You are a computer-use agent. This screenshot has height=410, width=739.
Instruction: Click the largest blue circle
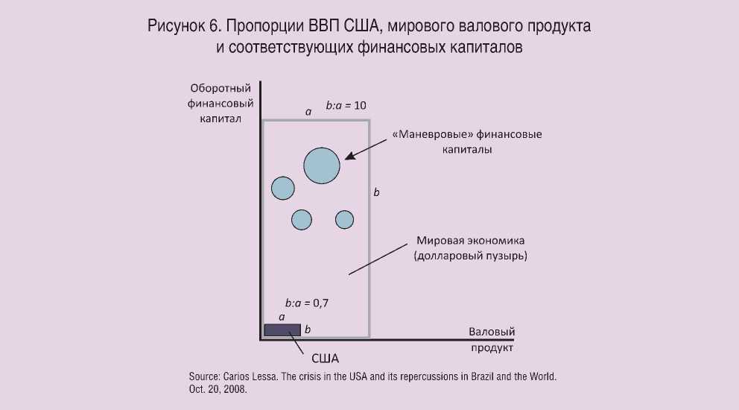322,165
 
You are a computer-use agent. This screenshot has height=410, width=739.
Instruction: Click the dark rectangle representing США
282,330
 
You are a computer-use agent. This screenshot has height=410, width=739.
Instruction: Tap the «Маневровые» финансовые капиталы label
466,142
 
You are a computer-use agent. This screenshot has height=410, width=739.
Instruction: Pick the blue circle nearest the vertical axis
283,188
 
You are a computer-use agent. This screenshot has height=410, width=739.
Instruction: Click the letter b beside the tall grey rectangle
376,192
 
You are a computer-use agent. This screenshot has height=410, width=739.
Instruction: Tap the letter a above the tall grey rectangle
308,112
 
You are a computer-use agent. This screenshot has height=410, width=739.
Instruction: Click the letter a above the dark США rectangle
282,317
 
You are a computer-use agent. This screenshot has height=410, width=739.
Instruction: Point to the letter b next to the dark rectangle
308,329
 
